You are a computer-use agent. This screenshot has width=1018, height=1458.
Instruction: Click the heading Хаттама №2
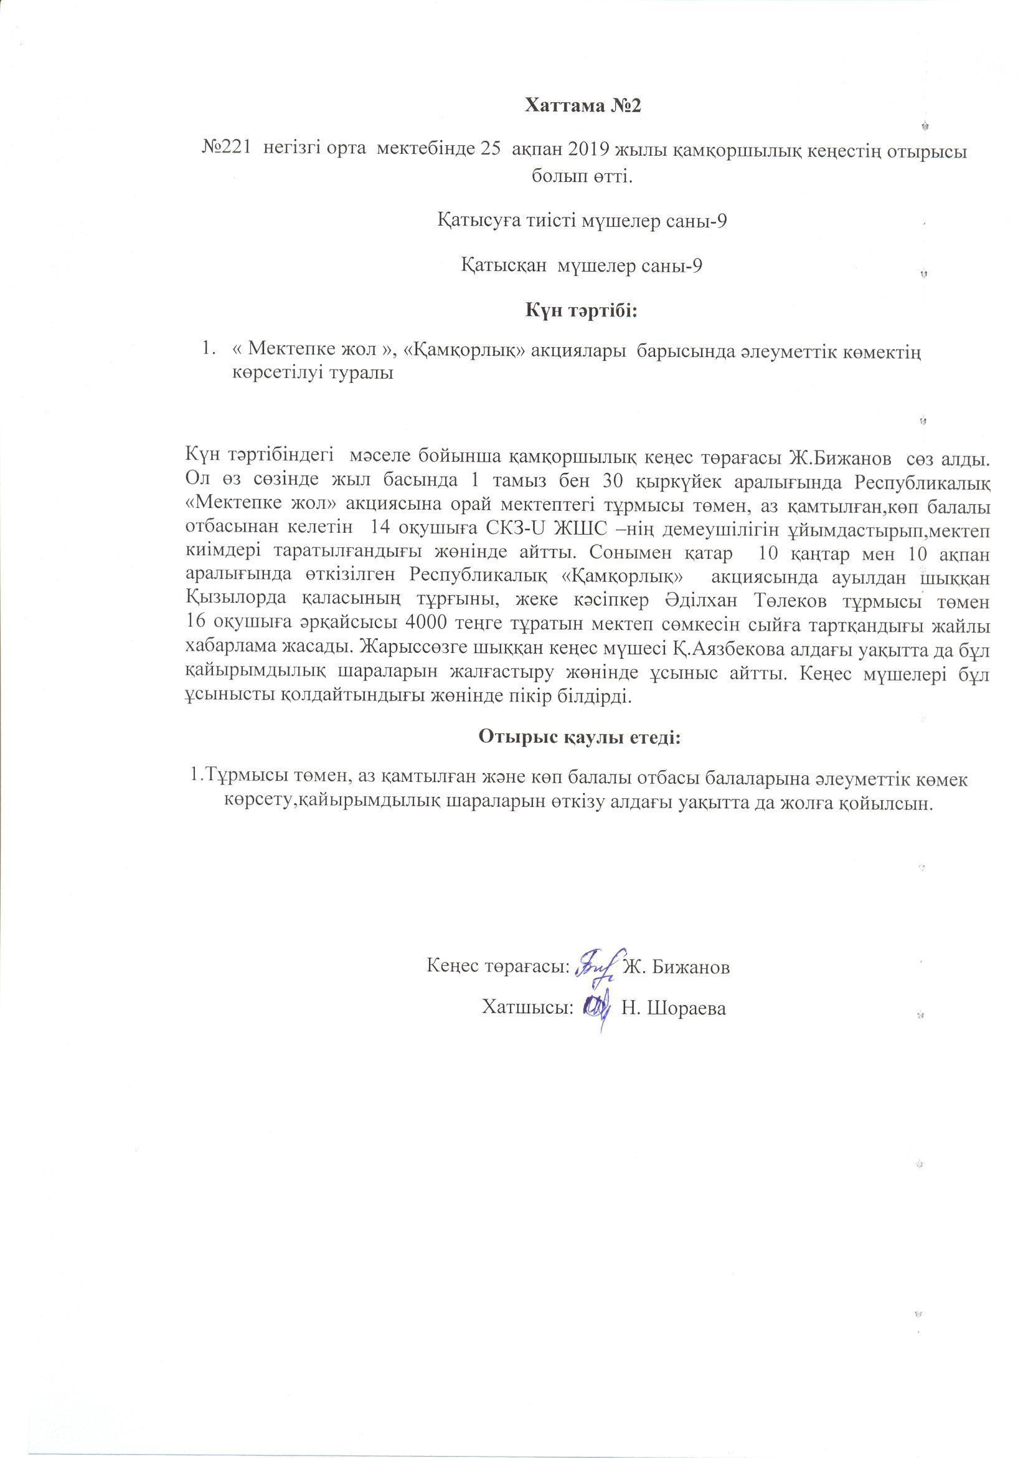pyautogui.click(x=583, y=106)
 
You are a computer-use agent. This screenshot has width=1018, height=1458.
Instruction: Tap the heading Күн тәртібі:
pyautogui.click(x=581, y=311)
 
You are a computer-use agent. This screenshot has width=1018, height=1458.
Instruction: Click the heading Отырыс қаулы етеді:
pyautogui.click(x=580, y=738)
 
